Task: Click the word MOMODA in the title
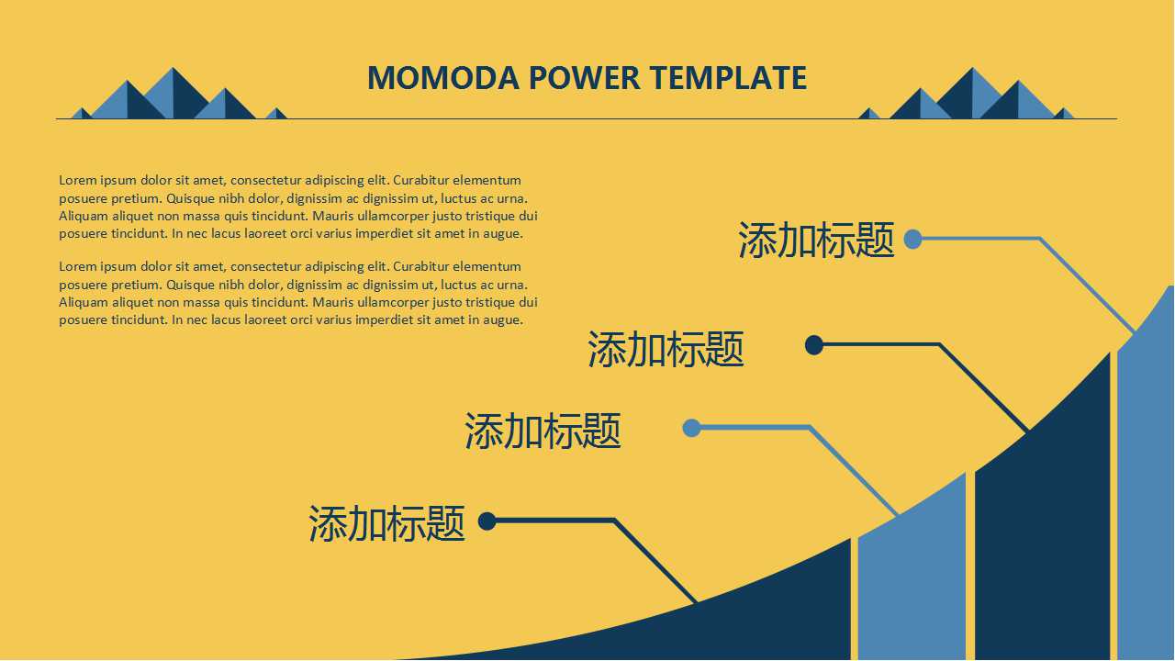443,78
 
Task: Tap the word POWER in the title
585,78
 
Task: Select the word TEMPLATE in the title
729,78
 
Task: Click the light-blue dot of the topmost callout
912,240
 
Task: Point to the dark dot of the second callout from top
814,345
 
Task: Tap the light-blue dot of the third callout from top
692,428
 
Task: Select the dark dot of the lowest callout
487,521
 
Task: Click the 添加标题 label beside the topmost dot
816,240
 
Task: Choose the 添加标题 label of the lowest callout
387,523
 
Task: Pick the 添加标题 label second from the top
666,349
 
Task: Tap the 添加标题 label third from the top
543,431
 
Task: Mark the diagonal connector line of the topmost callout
1087,286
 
